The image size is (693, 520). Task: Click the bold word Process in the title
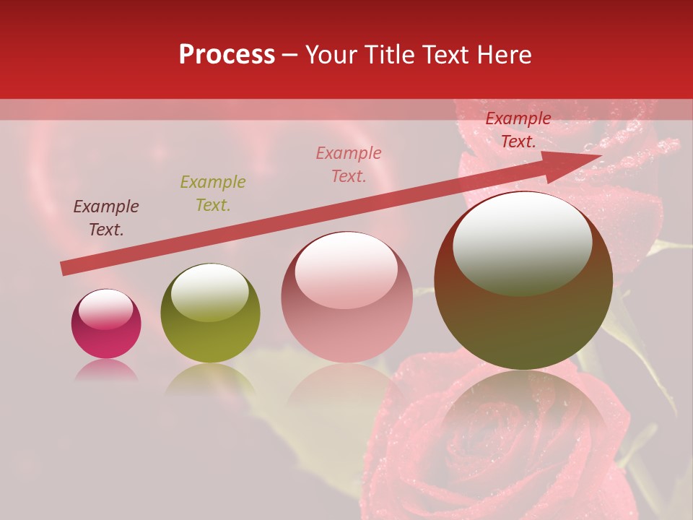(227, 55)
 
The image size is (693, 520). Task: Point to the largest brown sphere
(523, 318)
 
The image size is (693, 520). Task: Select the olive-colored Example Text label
(213, 194)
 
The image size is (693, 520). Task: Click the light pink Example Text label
(349, 164)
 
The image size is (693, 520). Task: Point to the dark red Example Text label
(518, 130)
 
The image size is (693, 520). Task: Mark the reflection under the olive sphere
(210, 379)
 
